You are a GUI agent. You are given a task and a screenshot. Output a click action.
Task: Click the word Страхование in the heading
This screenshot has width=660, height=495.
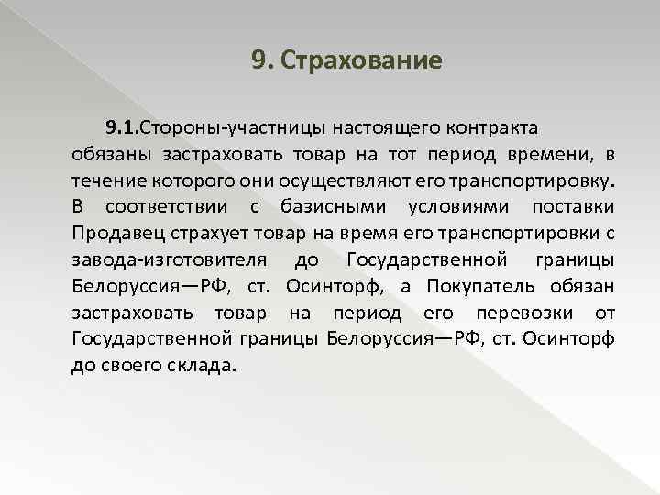point(363,61)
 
